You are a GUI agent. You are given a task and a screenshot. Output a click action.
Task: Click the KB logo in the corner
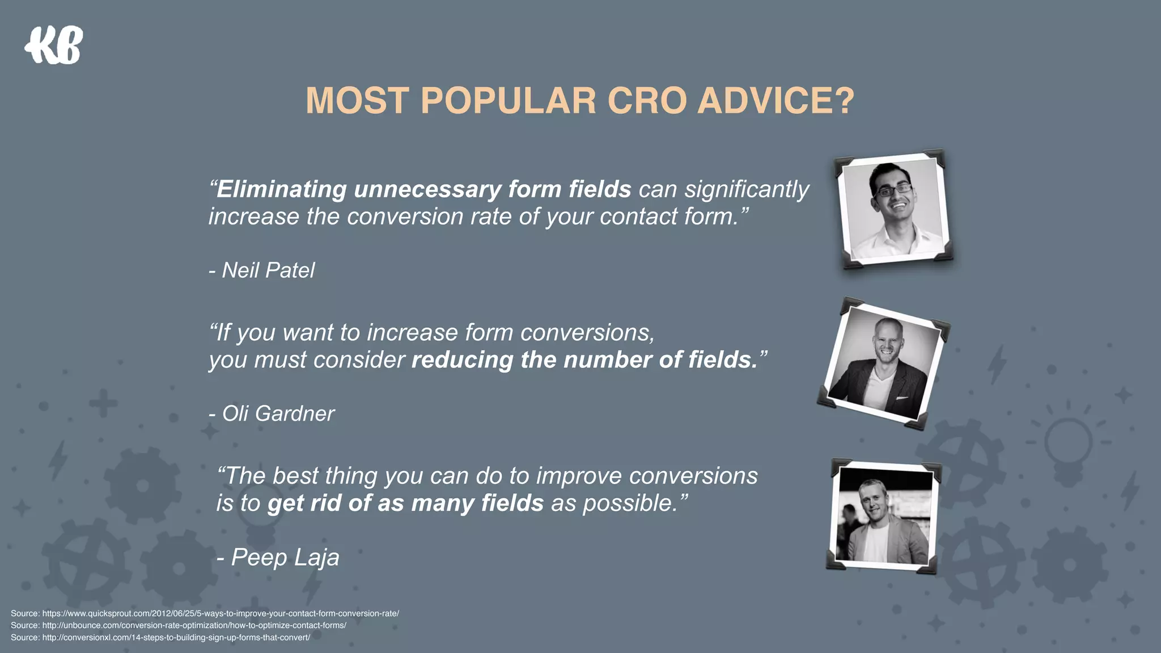(x=54, y=45)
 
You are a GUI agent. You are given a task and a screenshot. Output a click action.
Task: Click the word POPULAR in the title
(x=508, y=101)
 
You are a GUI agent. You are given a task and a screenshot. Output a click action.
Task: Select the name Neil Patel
(x=268, y=270)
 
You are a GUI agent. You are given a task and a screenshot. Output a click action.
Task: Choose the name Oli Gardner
(x=277, y=414)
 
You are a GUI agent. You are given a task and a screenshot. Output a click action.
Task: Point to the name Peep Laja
(x=285, y=557)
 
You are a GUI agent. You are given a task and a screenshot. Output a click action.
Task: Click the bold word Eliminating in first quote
(x=281, y=189)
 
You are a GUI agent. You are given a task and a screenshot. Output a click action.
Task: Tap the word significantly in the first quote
(x=747, y=189)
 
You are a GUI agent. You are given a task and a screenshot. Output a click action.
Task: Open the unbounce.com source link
(x=194, y=625)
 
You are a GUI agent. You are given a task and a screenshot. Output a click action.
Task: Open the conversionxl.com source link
(x=176, y=637)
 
